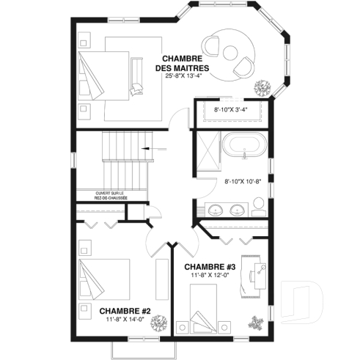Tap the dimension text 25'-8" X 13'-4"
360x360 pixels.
pos(183,76)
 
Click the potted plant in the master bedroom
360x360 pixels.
pos(263,88)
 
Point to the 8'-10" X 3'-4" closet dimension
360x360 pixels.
pos(230,111)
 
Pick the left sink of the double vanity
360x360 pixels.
pos(216,210)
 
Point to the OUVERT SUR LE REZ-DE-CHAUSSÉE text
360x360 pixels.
pos(111,196)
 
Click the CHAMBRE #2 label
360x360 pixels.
pos(125,311)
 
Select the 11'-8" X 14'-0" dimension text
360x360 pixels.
pos(125,320)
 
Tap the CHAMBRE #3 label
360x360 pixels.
pos(209,266)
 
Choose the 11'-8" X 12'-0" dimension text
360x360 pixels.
pos(210,275)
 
